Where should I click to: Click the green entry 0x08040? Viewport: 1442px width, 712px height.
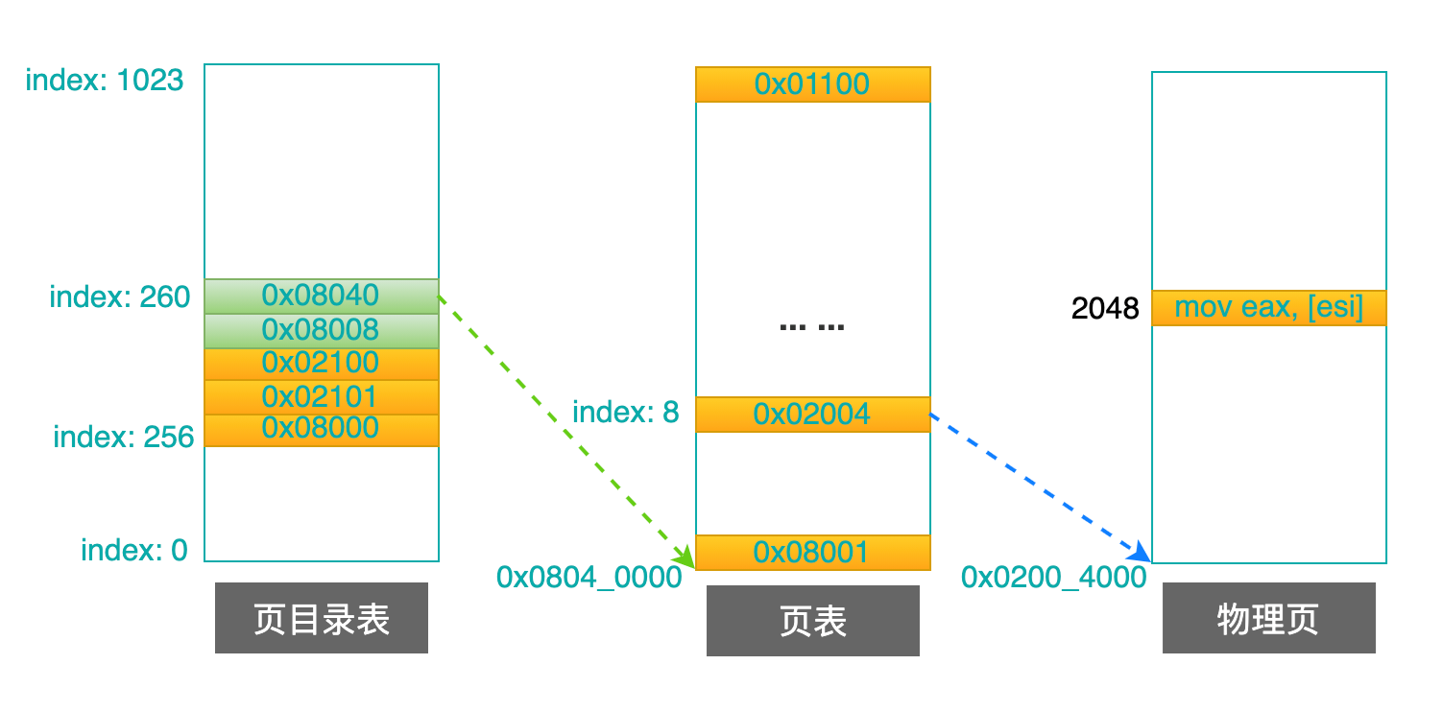pos(321,295)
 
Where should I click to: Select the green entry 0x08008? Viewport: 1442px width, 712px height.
pos(321,330)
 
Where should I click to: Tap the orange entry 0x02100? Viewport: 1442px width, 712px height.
pos(321,364)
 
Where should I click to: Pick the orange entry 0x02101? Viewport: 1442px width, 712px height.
pos(321,397)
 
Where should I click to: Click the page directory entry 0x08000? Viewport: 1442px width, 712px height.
pos(321,429)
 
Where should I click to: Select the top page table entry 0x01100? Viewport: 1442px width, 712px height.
pos(812,84)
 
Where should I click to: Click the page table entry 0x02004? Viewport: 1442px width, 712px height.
pos(812,415)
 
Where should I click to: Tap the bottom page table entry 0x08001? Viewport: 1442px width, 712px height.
pos(812,553)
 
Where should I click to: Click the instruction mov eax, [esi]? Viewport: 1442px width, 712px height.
pos(1268,308)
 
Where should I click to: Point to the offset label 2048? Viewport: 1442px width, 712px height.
pos(1105,309)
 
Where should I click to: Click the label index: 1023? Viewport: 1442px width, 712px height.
pos(104,81)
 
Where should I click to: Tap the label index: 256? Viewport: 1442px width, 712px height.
pos(124,438)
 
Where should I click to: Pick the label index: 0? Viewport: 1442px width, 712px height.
pos(134,551)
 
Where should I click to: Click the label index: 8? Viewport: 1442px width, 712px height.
pos(625,414)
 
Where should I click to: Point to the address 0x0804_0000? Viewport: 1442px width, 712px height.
pos(589,577)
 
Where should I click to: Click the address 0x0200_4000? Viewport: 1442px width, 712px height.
pos(1054,577)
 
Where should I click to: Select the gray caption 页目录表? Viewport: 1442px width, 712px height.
pos(321,619)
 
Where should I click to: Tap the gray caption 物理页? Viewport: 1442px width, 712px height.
pos(1268,619)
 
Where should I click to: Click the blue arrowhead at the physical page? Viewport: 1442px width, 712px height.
pos(1141,553)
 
